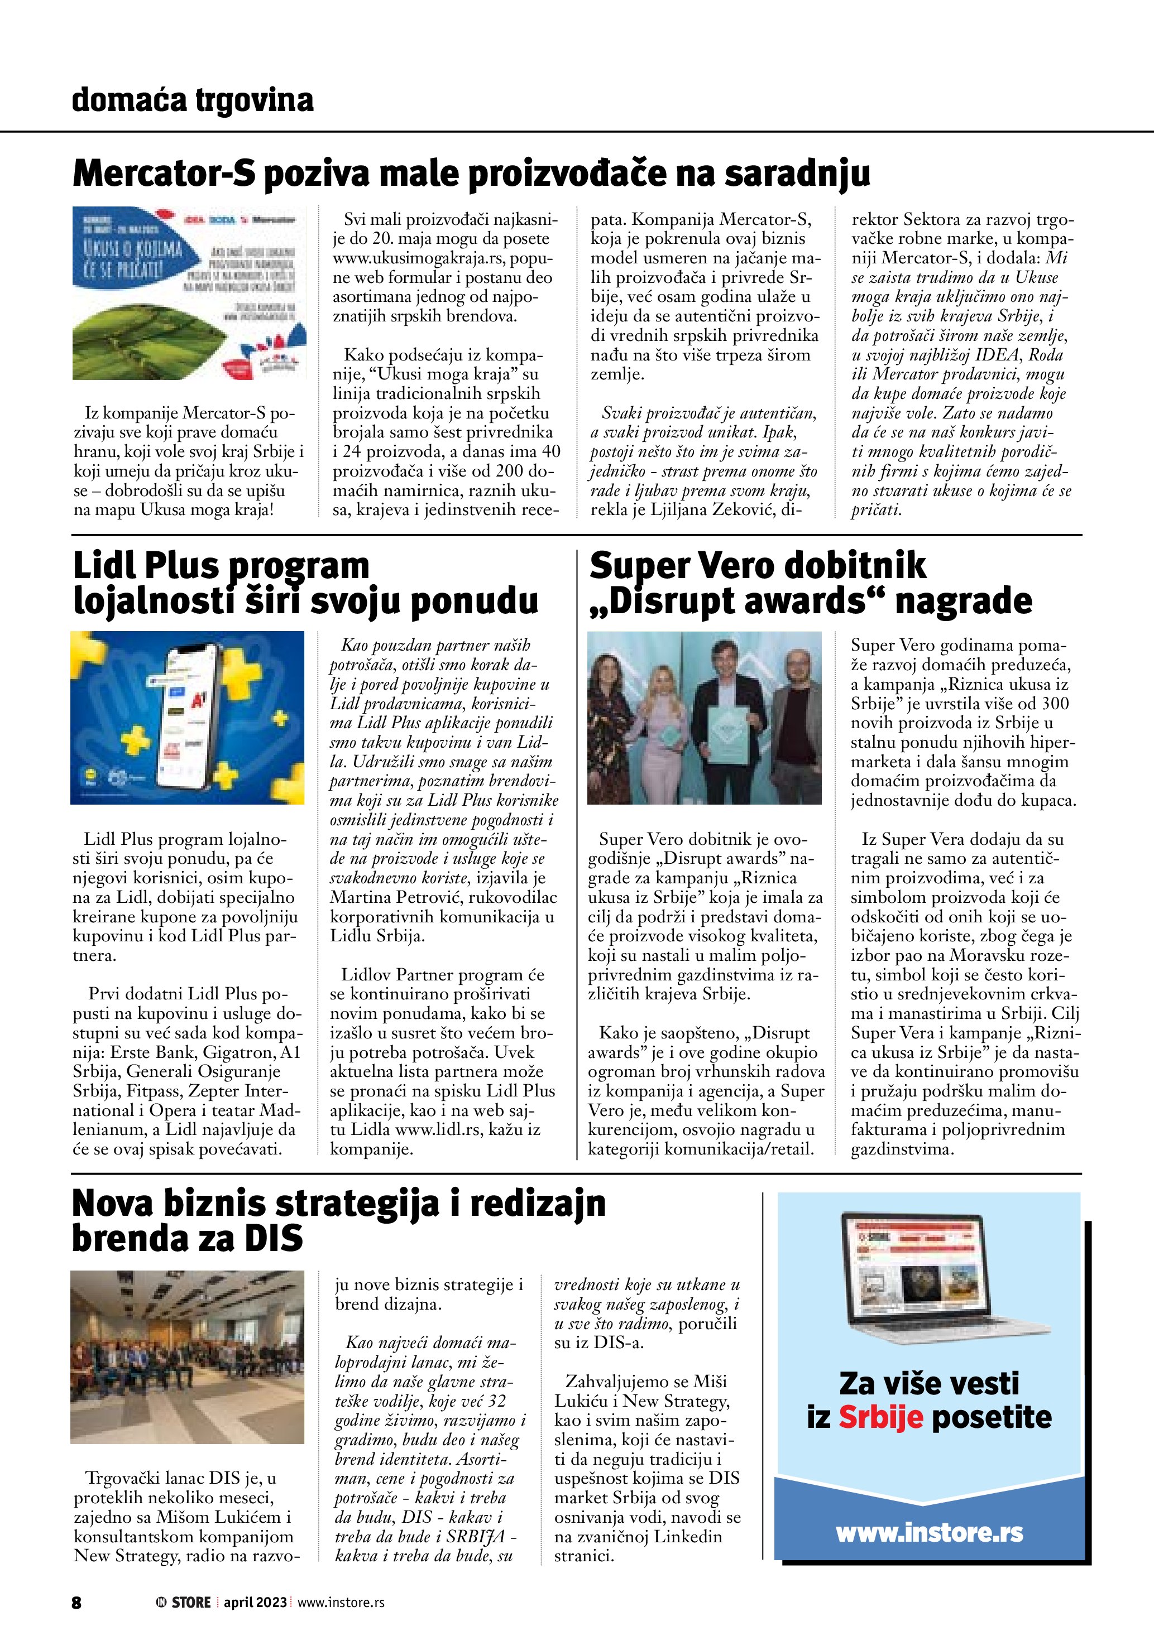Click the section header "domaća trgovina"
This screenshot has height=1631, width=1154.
193,100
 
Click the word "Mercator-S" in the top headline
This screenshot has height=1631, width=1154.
164,174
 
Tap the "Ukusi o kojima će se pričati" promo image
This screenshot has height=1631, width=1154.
190,293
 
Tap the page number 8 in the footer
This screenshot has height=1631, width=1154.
76,1603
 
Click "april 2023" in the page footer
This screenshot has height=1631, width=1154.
255,1603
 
